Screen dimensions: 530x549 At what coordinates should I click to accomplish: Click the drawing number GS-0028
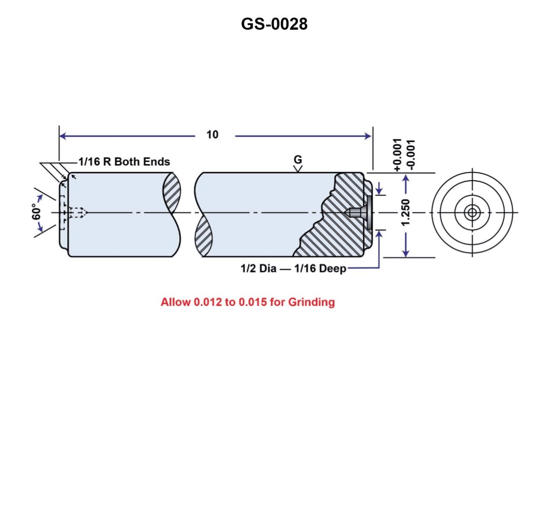274,23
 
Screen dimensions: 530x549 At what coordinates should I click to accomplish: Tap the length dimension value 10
212,135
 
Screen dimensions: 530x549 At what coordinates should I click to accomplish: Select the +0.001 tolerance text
397,155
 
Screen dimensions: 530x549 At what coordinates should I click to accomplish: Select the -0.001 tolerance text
410,155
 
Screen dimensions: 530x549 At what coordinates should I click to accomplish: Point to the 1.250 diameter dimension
406,211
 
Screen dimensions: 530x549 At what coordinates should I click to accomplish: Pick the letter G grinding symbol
297,159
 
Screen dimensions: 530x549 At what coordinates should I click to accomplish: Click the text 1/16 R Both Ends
124,162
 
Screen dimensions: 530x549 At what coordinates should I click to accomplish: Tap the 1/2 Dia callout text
258,269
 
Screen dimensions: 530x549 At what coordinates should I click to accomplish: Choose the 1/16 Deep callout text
320,269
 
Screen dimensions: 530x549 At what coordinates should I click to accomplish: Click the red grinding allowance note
247,302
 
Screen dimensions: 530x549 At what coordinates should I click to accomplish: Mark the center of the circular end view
472,213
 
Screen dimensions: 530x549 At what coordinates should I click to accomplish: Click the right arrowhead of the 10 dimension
368,136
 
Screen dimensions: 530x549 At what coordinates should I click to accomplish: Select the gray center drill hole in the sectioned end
359,213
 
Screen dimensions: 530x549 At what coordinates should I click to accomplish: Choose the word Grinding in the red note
311,302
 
